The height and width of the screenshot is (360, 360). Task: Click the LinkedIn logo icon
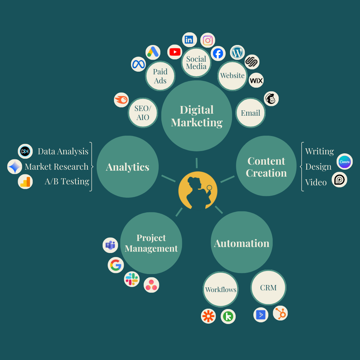pyautogui.click(x=189, y=40)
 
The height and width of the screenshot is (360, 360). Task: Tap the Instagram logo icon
pyautogui.click(x=208, y=40)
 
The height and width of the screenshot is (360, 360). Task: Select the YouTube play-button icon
pyautogui.click(x=175, y=52)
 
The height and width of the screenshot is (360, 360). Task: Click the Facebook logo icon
pyautogui.click(x=218, y=53)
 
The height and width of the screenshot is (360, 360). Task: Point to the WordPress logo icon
pyautogui.click(x=237, y=53)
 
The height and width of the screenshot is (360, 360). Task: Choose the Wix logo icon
pyautogui.click(x=256, y=80)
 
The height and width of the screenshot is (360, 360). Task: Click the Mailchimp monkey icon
pyautogui.click(x=271, y=99)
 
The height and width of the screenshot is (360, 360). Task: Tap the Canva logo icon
pyautogui.click(x=344, y=162)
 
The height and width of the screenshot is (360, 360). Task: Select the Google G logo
pyautogui.click(x=116, y=265)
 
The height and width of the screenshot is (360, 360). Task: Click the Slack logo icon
pyautogui.click(x=132, y=279)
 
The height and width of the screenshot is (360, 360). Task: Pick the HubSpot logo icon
pyautogui.click(x=280, y=313)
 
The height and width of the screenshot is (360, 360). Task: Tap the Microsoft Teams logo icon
pyautogui.click(x=110, y=246)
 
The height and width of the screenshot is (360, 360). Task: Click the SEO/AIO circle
pyautogui.click(x=143, y=113)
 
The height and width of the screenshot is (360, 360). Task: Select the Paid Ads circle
pyautogui.click(x=160, y=76)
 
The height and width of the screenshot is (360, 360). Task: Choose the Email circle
pyautogui.click(x=250, y=113)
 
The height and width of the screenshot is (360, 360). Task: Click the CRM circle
pyautogui.click(x=268, y=287)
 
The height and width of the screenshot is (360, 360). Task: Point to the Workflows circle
pyautogui.click(x=221, y=289)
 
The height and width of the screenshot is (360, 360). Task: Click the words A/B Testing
pyautogui.click(x=67, y=181)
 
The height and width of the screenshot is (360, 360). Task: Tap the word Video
pyautogui.click(x=316, y=182)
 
